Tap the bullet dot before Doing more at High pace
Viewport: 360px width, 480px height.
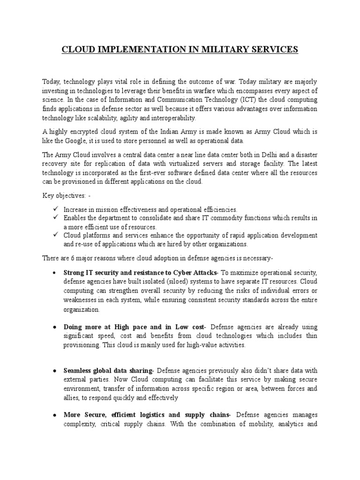pos(55,327)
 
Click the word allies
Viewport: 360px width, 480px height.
pos(72,397)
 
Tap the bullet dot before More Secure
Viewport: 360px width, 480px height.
pos(55,415)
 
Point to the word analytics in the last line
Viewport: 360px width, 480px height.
pos(290,424)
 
